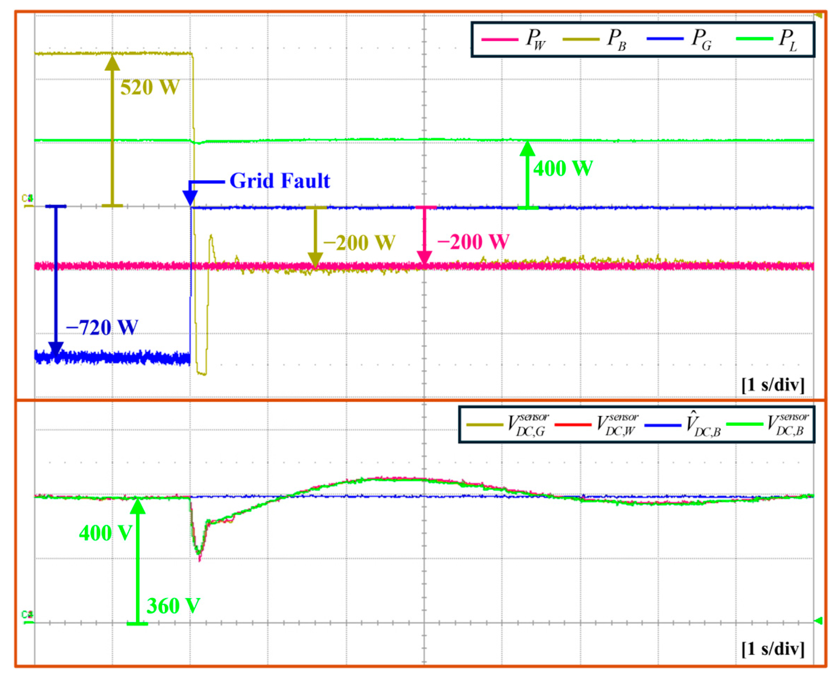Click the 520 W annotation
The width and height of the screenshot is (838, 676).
pyautogui.click(x=150, y=87)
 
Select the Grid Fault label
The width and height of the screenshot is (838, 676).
pyautogui.click(x=279, y=181)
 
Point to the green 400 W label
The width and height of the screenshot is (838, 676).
pyautogui.click(x=563, y=169)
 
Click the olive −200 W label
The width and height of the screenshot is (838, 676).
pyautogui.click(x=359, y=243)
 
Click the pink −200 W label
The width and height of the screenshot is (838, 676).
pyautogui.click(x=473, y=242)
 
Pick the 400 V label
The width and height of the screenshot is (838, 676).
pyautogui.click(x=105, y=533)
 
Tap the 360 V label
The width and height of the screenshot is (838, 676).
pyautogui.click(x=173, y=606)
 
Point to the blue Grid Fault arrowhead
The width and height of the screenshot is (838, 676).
pyautogui.click(x=190, y=199)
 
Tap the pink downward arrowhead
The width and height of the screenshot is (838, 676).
pyautogui.click(x=424, y=258)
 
